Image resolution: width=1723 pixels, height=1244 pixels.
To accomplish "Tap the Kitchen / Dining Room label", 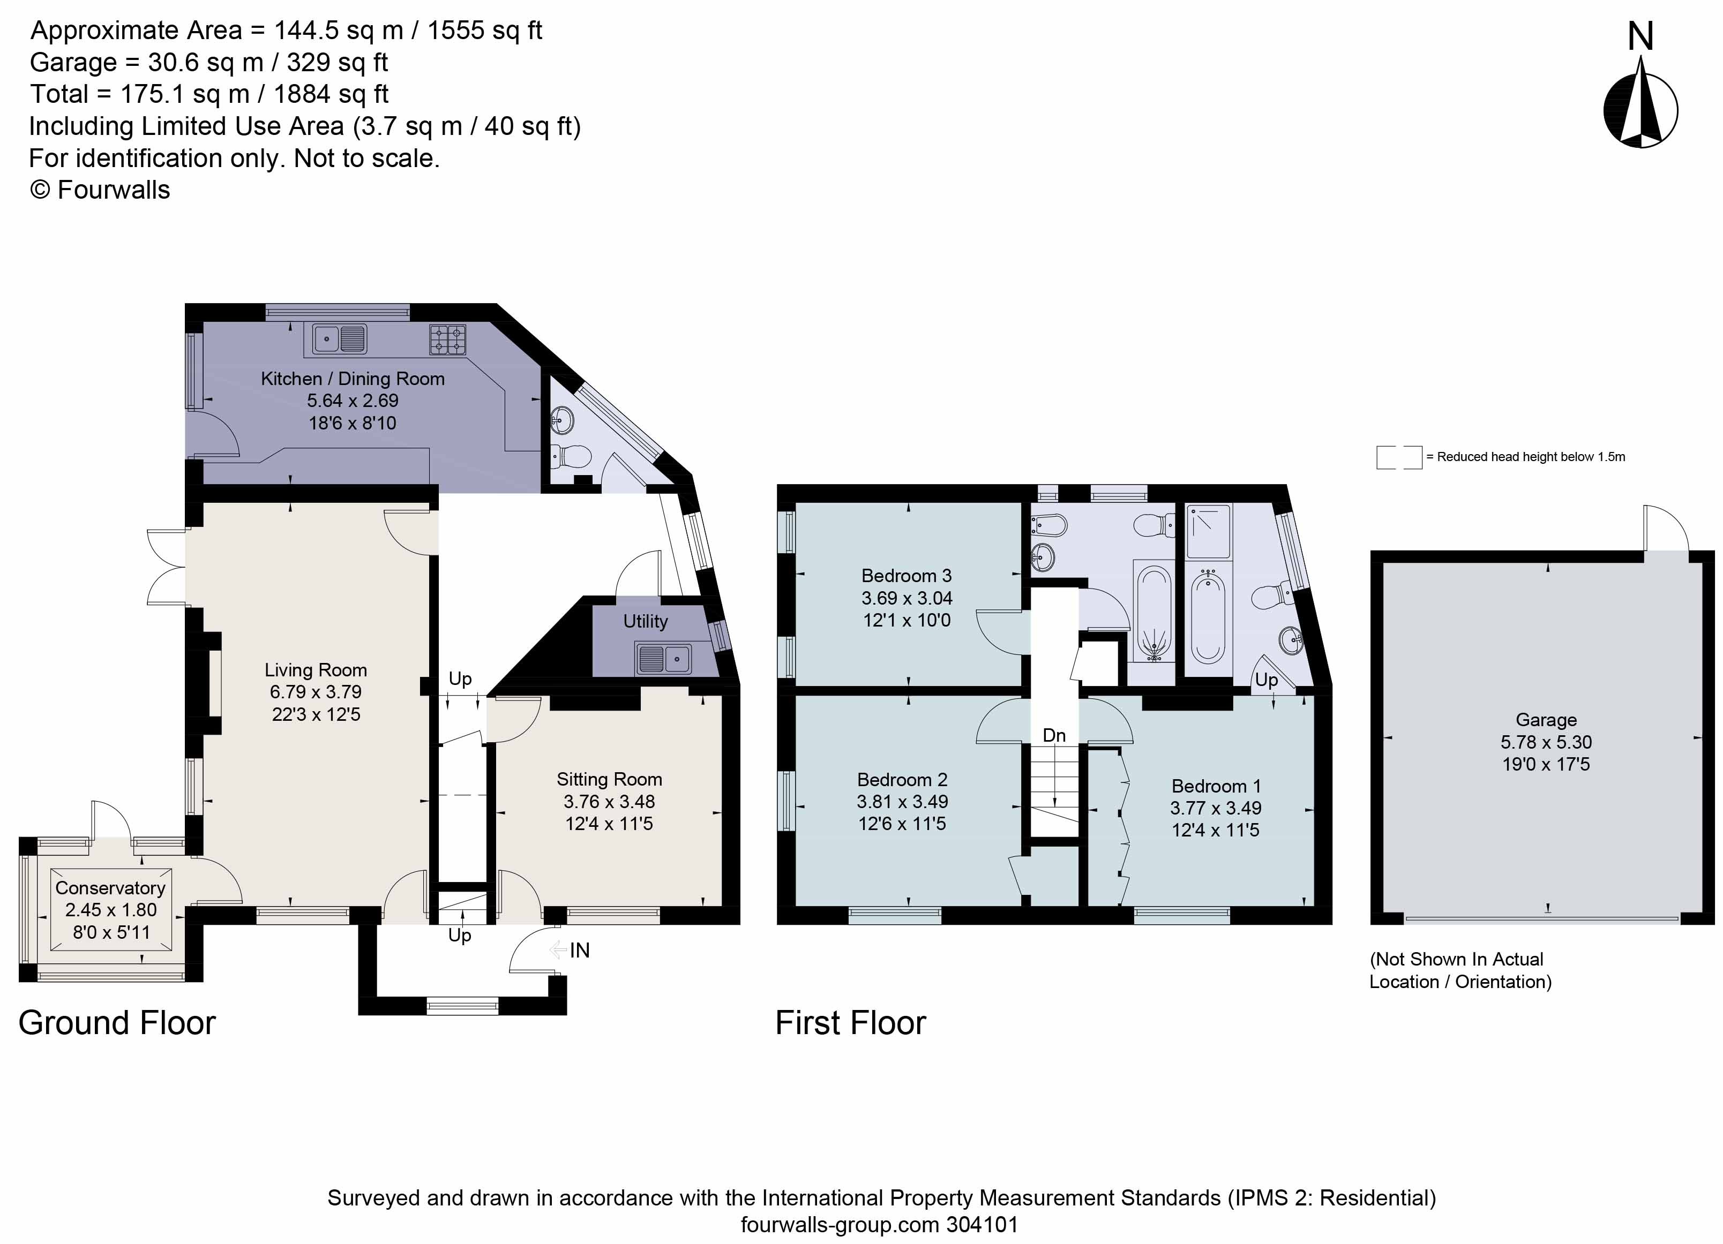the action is pos(353,378).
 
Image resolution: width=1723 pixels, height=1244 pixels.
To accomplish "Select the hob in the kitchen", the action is pos(447,340).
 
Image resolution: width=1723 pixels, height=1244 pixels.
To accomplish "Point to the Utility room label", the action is pos(645,621).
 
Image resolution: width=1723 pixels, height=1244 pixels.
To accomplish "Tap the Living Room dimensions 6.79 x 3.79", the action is pos(315,692).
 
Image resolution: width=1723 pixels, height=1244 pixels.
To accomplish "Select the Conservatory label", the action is pos(110,888).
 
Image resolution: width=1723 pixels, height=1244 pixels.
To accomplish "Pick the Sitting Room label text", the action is pos(609,779).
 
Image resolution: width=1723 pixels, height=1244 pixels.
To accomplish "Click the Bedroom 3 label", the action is pos(907,576).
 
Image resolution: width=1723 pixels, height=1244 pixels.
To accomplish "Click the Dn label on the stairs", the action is pos(1054,735).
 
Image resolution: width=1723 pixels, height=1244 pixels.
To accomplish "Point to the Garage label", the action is pos(1546,720).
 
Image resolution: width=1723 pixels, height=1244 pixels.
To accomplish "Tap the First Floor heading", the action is pos(851,1023).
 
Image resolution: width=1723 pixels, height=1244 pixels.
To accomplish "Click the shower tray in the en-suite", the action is pos(1209,530).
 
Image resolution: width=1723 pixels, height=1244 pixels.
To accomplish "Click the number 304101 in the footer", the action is pos(982,1224).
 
